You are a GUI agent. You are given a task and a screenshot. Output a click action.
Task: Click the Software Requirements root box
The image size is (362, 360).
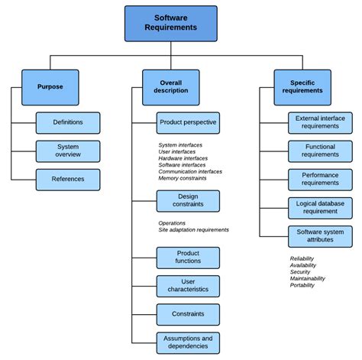170,23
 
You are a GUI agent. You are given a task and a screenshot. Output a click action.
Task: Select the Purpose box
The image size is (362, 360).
50,87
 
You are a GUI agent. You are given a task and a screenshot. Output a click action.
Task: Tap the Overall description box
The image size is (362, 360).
170,87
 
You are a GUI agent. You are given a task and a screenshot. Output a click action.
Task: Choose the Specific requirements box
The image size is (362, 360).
302,87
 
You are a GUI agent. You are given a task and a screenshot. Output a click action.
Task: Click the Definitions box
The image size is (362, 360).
68,122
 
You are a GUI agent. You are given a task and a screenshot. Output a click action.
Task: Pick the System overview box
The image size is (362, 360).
68,151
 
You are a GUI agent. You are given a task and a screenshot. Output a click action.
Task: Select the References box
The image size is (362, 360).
68,179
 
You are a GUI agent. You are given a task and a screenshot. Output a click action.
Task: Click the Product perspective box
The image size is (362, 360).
188,122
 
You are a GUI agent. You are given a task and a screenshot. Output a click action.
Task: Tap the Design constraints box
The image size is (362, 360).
188,201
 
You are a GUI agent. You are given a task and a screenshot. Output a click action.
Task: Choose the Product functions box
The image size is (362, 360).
188,258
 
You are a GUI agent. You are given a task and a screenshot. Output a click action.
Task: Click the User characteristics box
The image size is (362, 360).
188,286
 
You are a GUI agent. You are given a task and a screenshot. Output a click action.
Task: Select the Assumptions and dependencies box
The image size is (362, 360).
188,342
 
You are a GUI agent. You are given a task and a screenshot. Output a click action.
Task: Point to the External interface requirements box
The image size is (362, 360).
320,122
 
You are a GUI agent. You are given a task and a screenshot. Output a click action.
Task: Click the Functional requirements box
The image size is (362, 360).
320,151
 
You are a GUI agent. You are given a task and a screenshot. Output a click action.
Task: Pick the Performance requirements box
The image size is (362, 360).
320,179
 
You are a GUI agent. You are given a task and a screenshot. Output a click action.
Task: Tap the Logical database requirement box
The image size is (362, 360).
320,207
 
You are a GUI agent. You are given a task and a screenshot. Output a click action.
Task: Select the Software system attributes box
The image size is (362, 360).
320,236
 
